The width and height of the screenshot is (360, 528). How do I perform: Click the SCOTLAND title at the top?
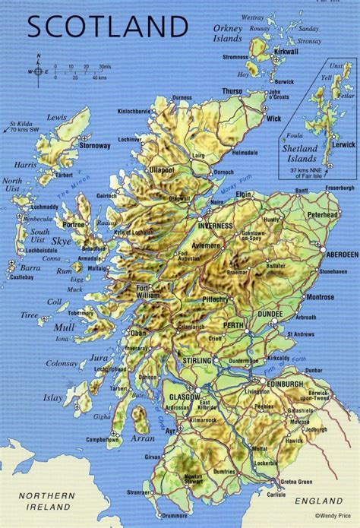tap(106, 27)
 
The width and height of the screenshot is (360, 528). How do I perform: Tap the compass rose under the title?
tap(39, 71)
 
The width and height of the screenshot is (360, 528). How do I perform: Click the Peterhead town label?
tap(328, 215)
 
